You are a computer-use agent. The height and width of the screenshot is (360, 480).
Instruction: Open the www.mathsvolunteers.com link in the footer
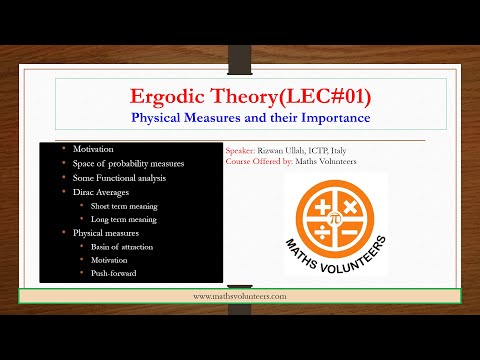(241, 296)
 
